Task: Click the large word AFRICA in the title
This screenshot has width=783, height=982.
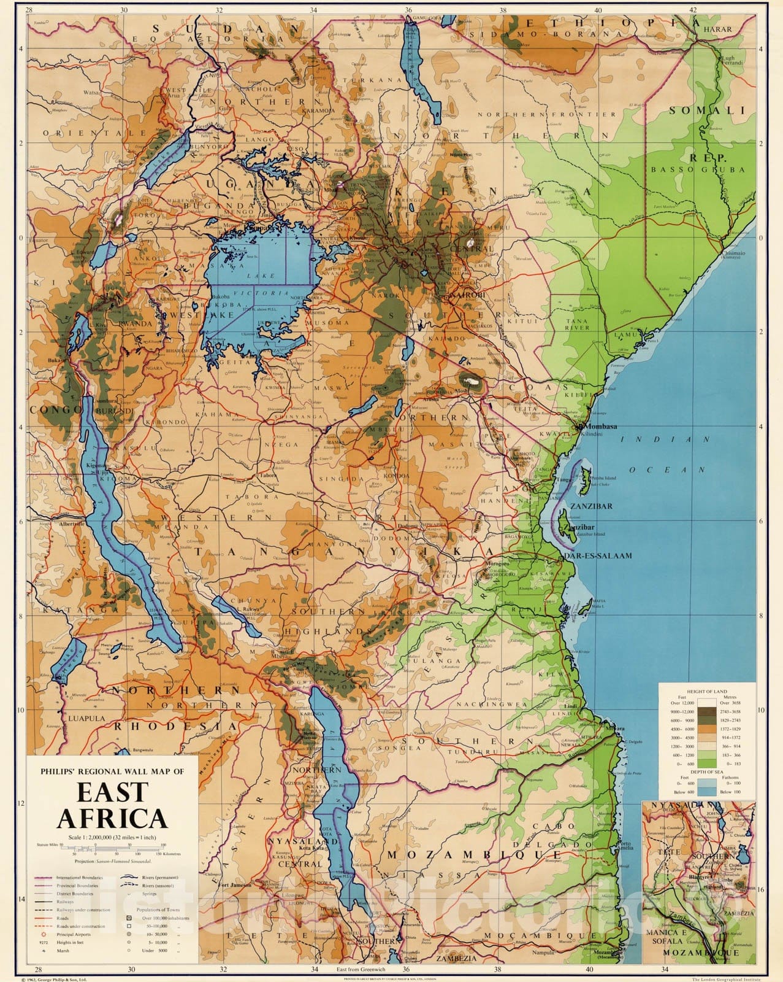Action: coord(112,818)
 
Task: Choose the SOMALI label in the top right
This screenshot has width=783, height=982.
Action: coord(706,111)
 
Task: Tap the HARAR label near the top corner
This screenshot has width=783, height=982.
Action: coord(718,29)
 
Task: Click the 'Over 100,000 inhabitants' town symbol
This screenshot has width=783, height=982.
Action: coord(129,918)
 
